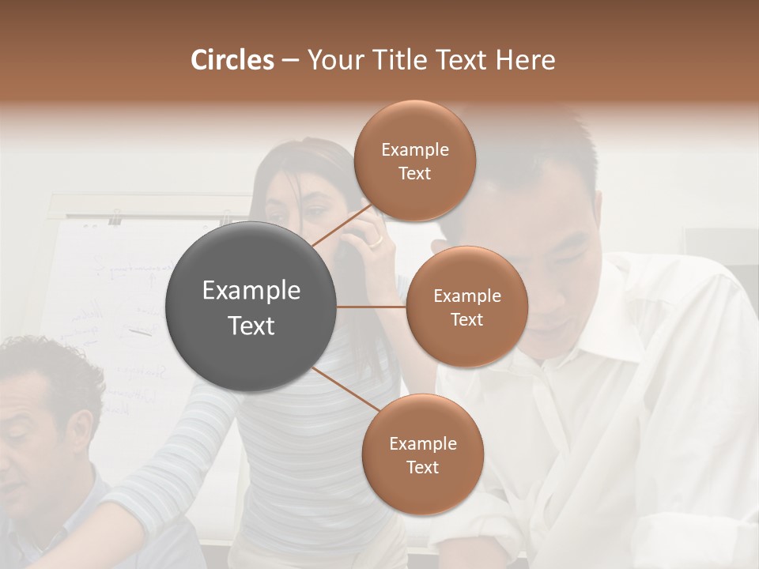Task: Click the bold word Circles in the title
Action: click(x=232, y=60)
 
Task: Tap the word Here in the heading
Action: click(x=525, y=60)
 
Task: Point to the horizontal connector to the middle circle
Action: click(x=372, y=307)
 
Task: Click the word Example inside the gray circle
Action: click(x=251, y=291)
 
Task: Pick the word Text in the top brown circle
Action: click(x=414, y=174)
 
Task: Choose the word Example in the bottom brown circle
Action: click(x=422, y=444)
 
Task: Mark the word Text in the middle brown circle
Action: click(x=466, y=320)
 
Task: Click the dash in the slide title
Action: click(x=289, y=61)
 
